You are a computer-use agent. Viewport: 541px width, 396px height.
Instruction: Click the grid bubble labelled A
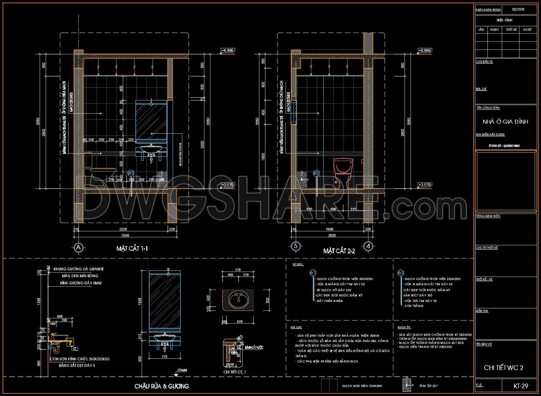pyautogui.click(x=78, y=248)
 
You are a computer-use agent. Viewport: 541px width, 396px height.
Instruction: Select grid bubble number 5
pyautogui.click(x=296, y=246)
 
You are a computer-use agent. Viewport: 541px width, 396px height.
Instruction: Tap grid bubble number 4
pyautogui.click(x=368, y=246)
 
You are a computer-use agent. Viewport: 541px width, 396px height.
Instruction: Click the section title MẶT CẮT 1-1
pyautogui.click(x=132, y=248)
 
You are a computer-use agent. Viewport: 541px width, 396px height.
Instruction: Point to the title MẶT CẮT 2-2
pyautogui.click(x=339, y=251)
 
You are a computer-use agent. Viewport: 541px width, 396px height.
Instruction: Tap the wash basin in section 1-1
pyautogui.click(x=151, y=149)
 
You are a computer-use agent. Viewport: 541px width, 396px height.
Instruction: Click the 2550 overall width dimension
pyautogui.click(x=125, y=235)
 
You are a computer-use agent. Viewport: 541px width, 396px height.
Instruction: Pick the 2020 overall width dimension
pyautogui.click(x=332, y=235)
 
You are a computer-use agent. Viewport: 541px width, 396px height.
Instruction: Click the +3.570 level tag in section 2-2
pyautogui.click(x=425, y=185)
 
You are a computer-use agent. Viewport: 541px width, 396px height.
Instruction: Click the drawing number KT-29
pyautogui.click(x=521, y=386)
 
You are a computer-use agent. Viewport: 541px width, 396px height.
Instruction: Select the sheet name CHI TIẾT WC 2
pyautogui.click(x=503, y=368)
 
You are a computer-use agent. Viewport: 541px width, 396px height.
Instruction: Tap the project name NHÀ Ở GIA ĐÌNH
pyautogui.click(x=505, y=122)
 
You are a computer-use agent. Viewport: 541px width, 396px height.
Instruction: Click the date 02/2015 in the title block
pyautogui.click(x=518, y=9)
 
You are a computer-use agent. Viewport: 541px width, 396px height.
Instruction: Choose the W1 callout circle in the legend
pyautogui.click(x=313, y=273)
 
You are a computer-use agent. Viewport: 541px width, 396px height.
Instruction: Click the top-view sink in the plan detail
pyautogui.click(x=238, y=300)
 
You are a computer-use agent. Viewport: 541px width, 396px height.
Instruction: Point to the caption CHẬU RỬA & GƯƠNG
pyautogui.click(x=162, y=386)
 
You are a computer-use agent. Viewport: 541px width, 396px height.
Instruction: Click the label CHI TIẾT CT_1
pyautogui.click(x=234, y=372)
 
